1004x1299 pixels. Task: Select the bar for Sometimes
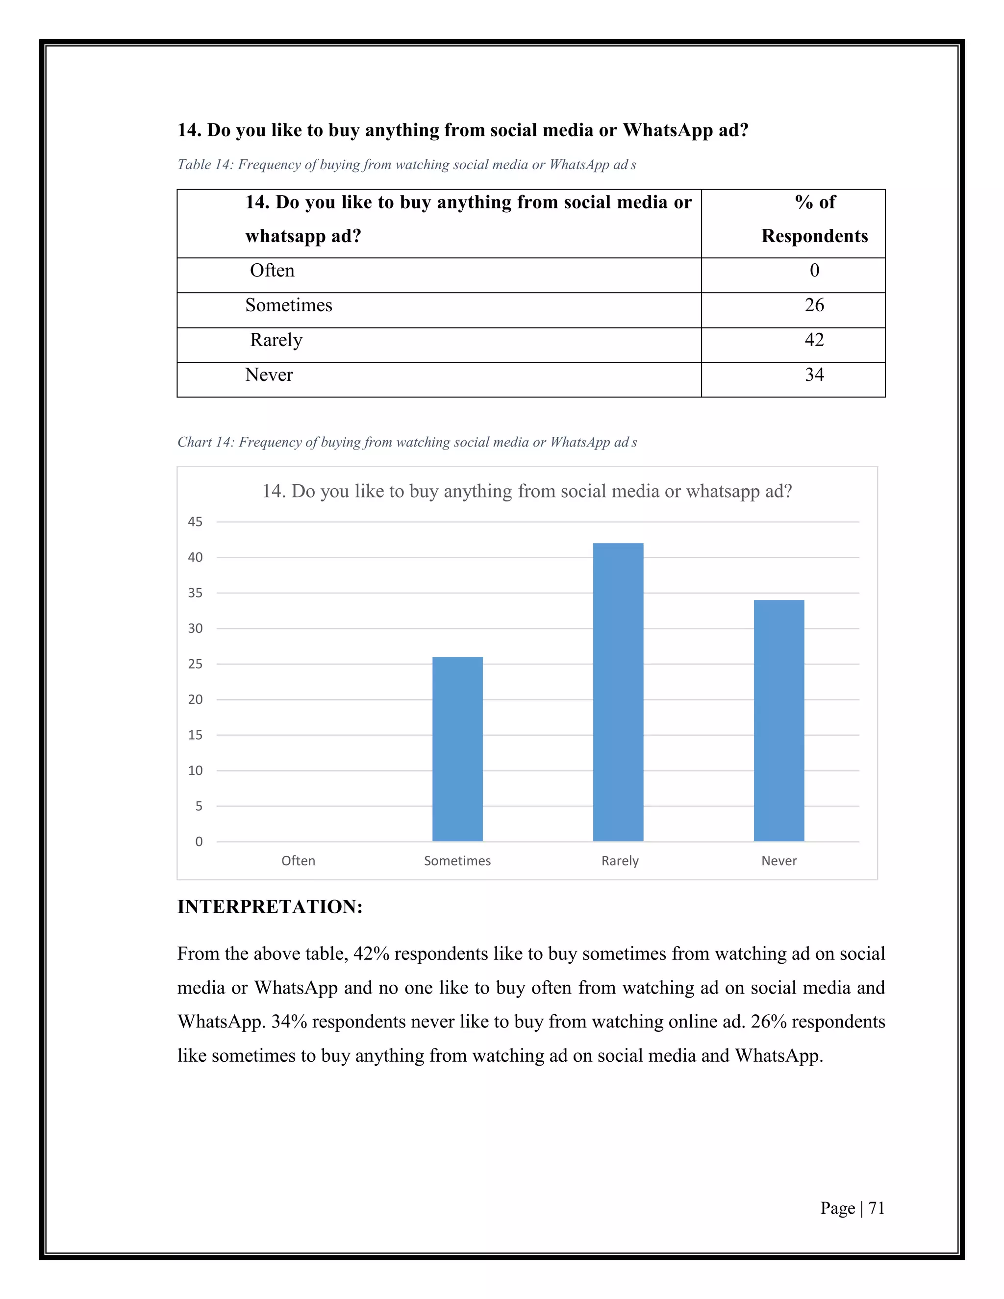tap(457, 749)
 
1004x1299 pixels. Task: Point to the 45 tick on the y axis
tap(195, 522)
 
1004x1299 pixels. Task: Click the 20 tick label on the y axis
tap(195, 699)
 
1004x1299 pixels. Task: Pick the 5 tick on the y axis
tap(199, 806)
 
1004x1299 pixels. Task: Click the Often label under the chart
tap(298, 861)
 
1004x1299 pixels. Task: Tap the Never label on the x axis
tap(778, 861)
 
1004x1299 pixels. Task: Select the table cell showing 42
tap(814, 340)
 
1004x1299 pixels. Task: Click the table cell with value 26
tap(814, 305)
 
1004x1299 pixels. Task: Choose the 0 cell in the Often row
tap(814, 271)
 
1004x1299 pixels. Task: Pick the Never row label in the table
tap(269, 375)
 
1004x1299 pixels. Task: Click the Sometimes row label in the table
tap(288, 305)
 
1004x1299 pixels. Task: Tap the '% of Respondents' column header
tap(814, 219)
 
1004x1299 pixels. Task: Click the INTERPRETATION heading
tap(270, 907)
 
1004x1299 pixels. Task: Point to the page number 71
tap(876, 1208)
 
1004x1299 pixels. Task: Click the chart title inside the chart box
tap(527, 491)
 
